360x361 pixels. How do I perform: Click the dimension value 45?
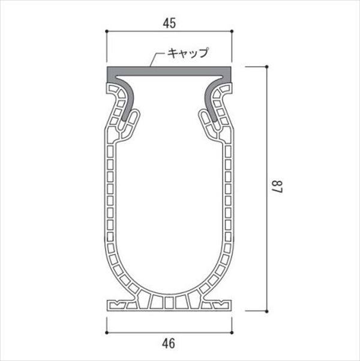click(x=169, y=23)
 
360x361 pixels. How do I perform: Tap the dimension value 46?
click(x=169, y=344)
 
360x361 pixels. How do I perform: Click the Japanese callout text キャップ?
click(x=187, y=53)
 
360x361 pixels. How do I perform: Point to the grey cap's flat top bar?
click(x=169, y=72)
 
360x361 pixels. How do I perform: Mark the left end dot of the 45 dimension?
click(x=107, y=31)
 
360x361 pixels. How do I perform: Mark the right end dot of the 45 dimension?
click(x=230, y=31)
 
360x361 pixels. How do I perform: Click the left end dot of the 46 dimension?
click(x=107, y=332)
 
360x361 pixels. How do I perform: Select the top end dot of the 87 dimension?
click(x=266, y=67)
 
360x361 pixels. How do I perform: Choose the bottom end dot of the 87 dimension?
click(x=266, y=311)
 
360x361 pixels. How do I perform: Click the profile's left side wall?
click(x=110, y=198)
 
